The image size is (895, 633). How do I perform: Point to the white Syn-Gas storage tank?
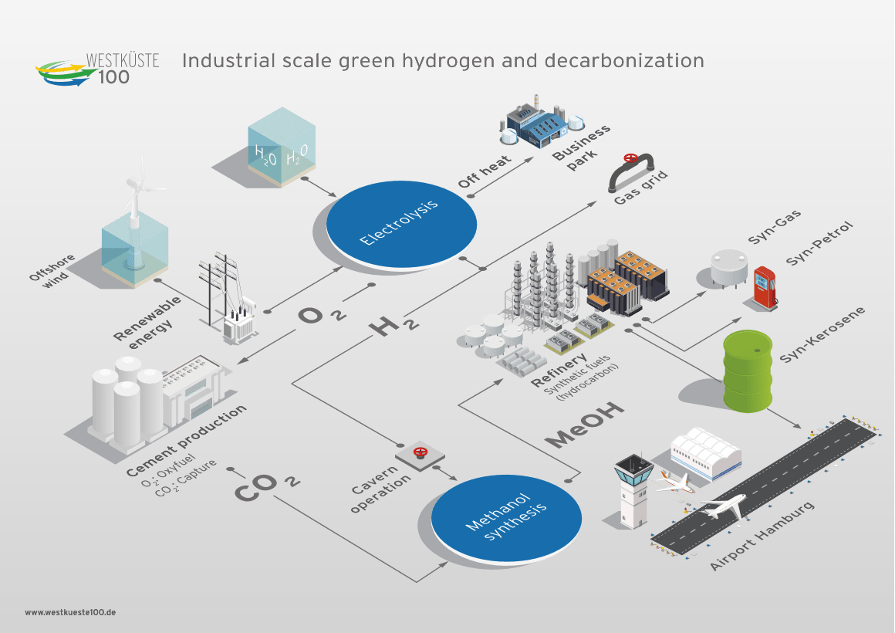click(730, 266)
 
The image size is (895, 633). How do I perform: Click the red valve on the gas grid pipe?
click(630, 159)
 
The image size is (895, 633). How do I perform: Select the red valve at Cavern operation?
click(420, 452)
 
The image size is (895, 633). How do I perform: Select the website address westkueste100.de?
click(70, 611)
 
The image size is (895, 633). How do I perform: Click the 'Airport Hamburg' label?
click(762, 537)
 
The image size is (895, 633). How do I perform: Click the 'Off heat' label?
click(484, 171)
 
